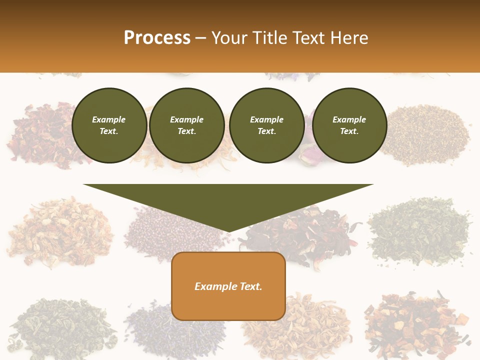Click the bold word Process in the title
(x=157, y=38)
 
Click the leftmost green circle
(x=109, y=125)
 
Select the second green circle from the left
(x=186, y=125)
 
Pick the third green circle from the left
(x=266, y=125)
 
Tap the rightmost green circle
(x=349, y=125)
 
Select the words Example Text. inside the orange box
(x=228, y=286)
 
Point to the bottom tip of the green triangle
(x=228, y=232)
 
